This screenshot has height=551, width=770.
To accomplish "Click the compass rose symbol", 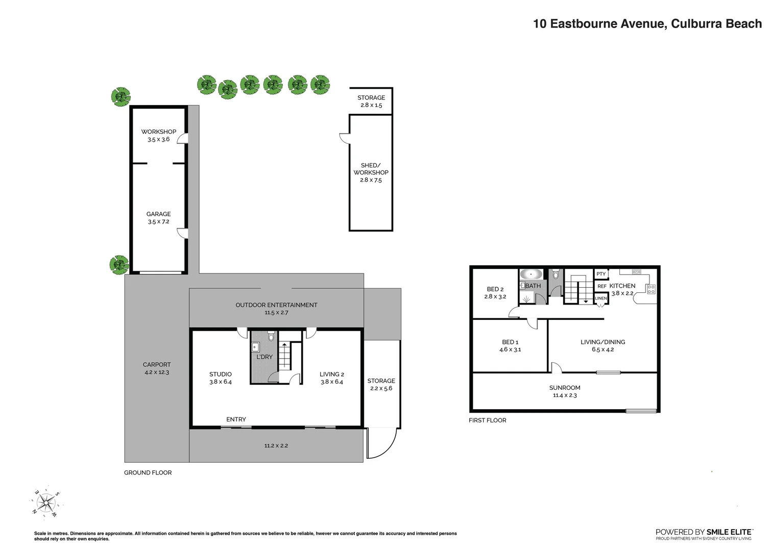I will click(46, 503).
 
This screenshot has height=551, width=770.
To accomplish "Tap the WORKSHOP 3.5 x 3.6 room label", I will click(159, 135).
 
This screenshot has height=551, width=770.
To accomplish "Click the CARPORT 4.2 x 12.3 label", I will click(157, 368).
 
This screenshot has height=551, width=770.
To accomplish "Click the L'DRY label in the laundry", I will click(264, 357).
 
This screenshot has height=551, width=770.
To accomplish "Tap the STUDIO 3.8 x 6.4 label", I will click(221, 378).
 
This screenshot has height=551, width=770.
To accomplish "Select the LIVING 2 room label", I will click(332, 378).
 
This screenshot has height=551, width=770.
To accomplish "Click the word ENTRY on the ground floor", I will click(236, 419).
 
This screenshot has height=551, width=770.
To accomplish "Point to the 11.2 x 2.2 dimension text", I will click(276, 446).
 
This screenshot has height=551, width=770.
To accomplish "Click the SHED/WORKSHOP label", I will click(371, 172).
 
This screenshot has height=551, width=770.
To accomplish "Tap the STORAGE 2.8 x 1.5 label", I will click(371, 101).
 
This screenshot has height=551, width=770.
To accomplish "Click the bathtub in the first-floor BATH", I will click(532, 274).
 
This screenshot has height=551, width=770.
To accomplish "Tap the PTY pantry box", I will click(601, 274).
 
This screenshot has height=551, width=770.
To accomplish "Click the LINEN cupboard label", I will click(601, 298).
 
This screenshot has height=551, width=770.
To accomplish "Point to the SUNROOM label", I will click(565, 391).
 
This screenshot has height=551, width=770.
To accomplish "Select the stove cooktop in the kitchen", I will click(651, 289).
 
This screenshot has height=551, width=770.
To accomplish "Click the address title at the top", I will click(647, 24).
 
